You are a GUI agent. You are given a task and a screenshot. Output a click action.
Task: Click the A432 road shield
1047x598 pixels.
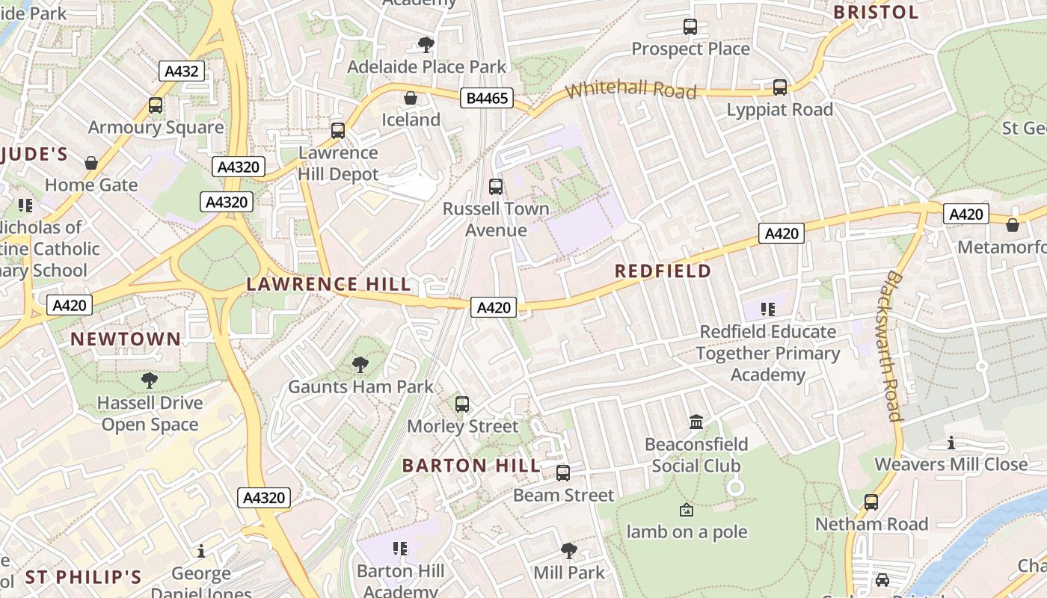click(x=181, y=71)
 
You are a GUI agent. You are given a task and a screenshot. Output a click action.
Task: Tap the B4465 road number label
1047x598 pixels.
click(x=487, y=98)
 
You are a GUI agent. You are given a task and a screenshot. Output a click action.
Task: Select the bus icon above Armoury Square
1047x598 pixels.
click(x=156, y=105)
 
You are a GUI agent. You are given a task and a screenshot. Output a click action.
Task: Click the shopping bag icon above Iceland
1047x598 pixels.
click(x=411, y=98)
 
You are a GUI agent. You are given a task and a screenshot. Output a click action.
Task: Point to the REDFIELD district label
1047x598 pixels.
click(x=663, y=271)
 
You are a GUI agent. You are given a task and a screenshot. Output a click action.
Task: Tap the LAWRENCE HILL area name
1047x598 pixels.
click(x=329, y=284)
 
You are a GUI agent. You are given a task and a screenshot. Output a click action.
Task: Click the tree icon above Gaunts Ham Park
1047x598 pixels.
click(x=360, y=365)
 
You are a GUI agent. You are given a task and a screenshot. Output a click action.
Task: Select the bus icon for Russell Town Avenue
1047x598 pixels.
click(x=495, y=187)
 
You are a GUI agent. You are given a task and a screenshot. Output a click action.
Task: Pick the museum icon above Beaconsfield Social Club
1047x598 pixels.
click(x=696, y=422)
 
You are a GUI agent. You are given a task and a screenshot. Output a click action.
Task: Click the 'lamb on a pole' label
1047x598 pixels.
click(x=687, y=532)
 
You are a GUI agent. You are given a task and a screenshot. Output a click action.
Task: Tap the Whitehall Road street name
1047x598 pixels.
click(x=630, y=90)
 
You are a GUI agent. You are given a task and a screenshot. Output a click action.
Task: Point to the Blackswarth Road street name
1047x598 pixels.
click(x=893, y=345)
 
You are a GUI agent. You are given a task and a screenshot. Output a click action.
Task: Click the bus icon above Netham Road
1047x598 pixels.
click(x=871, y=502)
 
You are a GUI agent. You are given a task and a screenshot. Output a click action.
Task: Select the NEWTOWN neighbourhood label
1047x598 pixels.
click(x=126, y=339)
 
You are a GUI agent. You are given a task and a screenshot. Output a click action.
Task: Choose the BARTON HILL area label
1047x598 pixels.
click(x=470, y=466)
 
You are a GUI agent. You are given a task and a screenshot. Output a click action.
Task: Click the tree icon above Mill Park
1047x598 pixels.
click(x=568, y=551)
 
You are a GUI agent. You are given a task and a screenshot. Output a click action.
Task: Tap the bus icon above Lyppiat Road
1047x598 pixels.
click(x=780, y=87)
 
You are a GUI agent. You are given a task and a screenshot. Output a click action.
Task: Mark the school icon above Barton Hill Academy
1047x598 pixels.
click(x=400, y=549)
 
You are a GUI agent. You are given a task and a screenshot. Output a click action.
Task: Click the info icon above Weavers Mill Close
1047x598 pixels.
click(x=951, y=443)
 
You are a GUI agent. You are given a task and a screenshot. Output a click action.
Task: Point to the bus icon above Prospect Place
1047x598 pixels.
click(x=690, y=27)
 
